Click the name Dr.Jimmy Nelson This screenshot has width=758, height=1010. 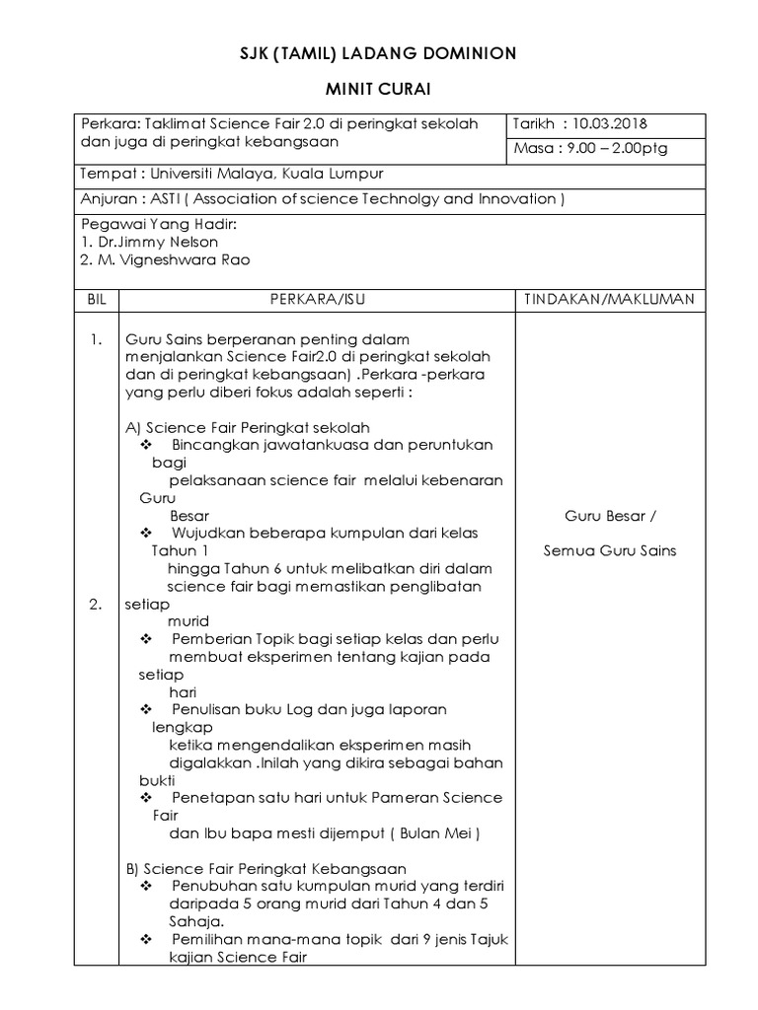pos(155,242)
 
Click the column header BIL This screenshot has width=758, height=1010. pos(95,298)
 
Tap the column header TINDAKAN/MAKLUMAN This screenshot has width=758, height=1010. pos(610,298)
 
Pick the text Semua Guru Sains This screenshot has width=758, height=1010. pos(610,550)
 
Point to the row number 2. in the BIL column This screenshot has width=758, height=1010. pos(95,606)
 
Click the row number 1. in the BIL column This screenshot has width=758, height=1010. pos(95,340)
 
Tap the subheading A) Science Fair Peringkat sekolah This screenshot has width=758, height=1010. pos(247,427)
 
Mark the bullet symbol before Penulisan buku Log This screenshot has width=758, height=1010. pos(148,709)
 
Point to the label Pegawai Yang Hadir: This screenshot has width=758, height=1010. pos(159,224)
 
